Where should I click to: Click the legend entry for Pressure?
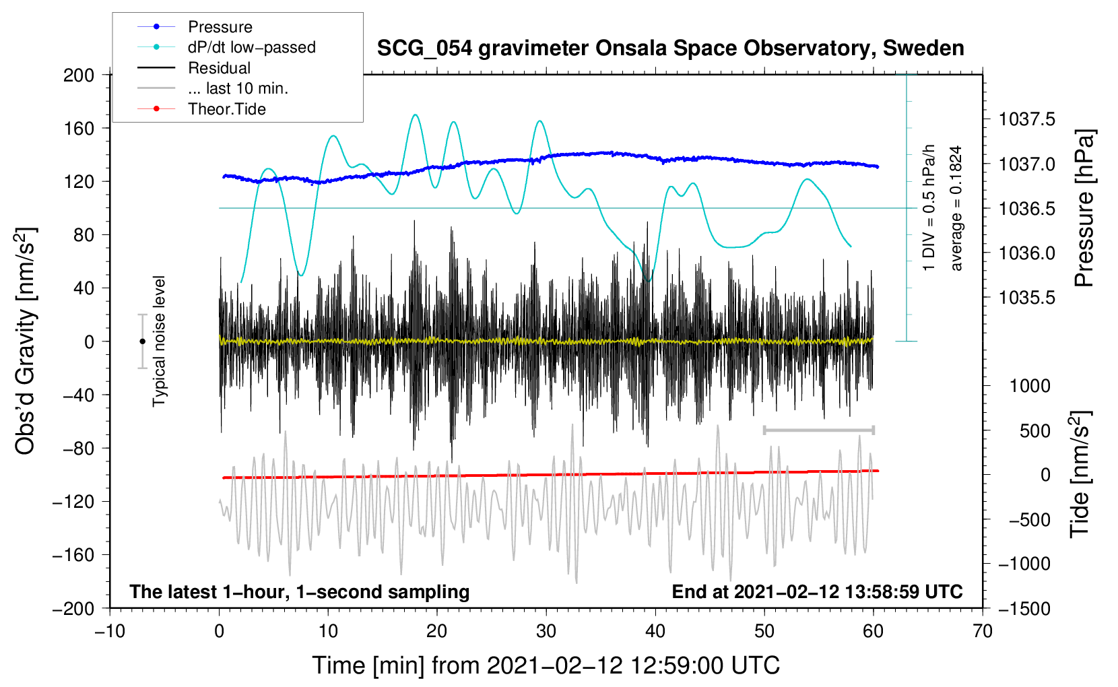click(x=195, y=26)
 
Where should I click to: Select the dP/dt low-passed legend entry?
click(x=226, y=47)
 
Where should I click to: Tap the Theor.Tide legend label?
click(x=201, y=109)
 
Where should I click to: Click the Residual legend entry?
click(x=194, y=68)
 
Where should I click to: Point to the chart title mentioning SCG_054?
click(x=670, y=48)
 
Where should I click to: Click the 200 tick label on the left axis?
click(x=79, y=75)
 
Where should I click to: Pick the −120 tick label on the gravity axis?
click(x=73, y=502)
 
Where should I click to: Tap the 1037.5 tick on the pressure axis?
click(x=1027, y=119)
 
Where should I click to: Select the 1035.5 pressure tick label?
click(x=1027, y=298)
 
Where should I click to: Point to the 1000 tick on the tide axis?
click(x=1030, y=386)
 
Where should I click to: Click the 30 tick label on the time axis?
click(x=546, y=631)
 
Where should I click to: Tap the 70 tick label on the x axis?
click(x=982, y=631)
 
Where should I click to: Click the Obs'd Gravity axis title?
click(x=26, y=341)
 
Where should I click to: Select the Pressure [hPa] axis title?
click(x=1084, y=208)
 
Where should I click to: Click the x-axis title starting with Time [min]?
click(x=546, y=665)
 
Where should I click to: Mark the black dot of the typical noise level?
click(x=142, y=341)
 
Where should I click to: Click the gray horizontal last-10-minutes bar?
click(x=818, y=430)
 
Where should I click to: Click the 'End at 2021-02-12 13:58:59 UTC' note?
click(x=817, y=591)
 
